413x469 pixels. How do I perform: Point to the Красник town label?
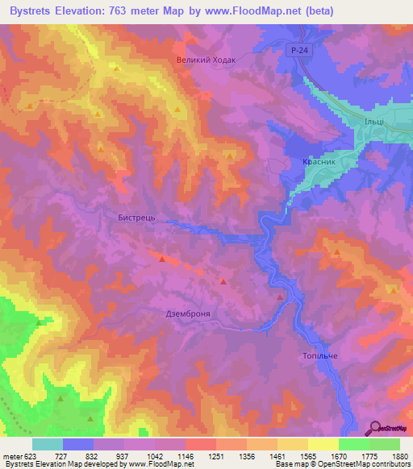[317, 162]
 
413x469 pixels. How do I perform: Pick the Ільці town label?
[373, 120]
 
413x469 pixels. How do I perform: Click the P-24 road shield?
[298, 50]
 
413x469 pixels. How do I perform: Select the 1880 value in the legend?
[399, 455]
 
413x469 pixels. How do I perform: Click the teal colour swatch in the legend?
[48, 444]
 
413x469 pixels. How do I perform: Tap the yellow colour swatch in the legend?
[323, 444]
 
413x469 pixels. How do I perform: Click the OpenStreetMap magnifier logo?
[375, 428]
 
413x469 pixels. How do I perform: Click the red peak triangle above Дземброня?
[223, 281]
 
